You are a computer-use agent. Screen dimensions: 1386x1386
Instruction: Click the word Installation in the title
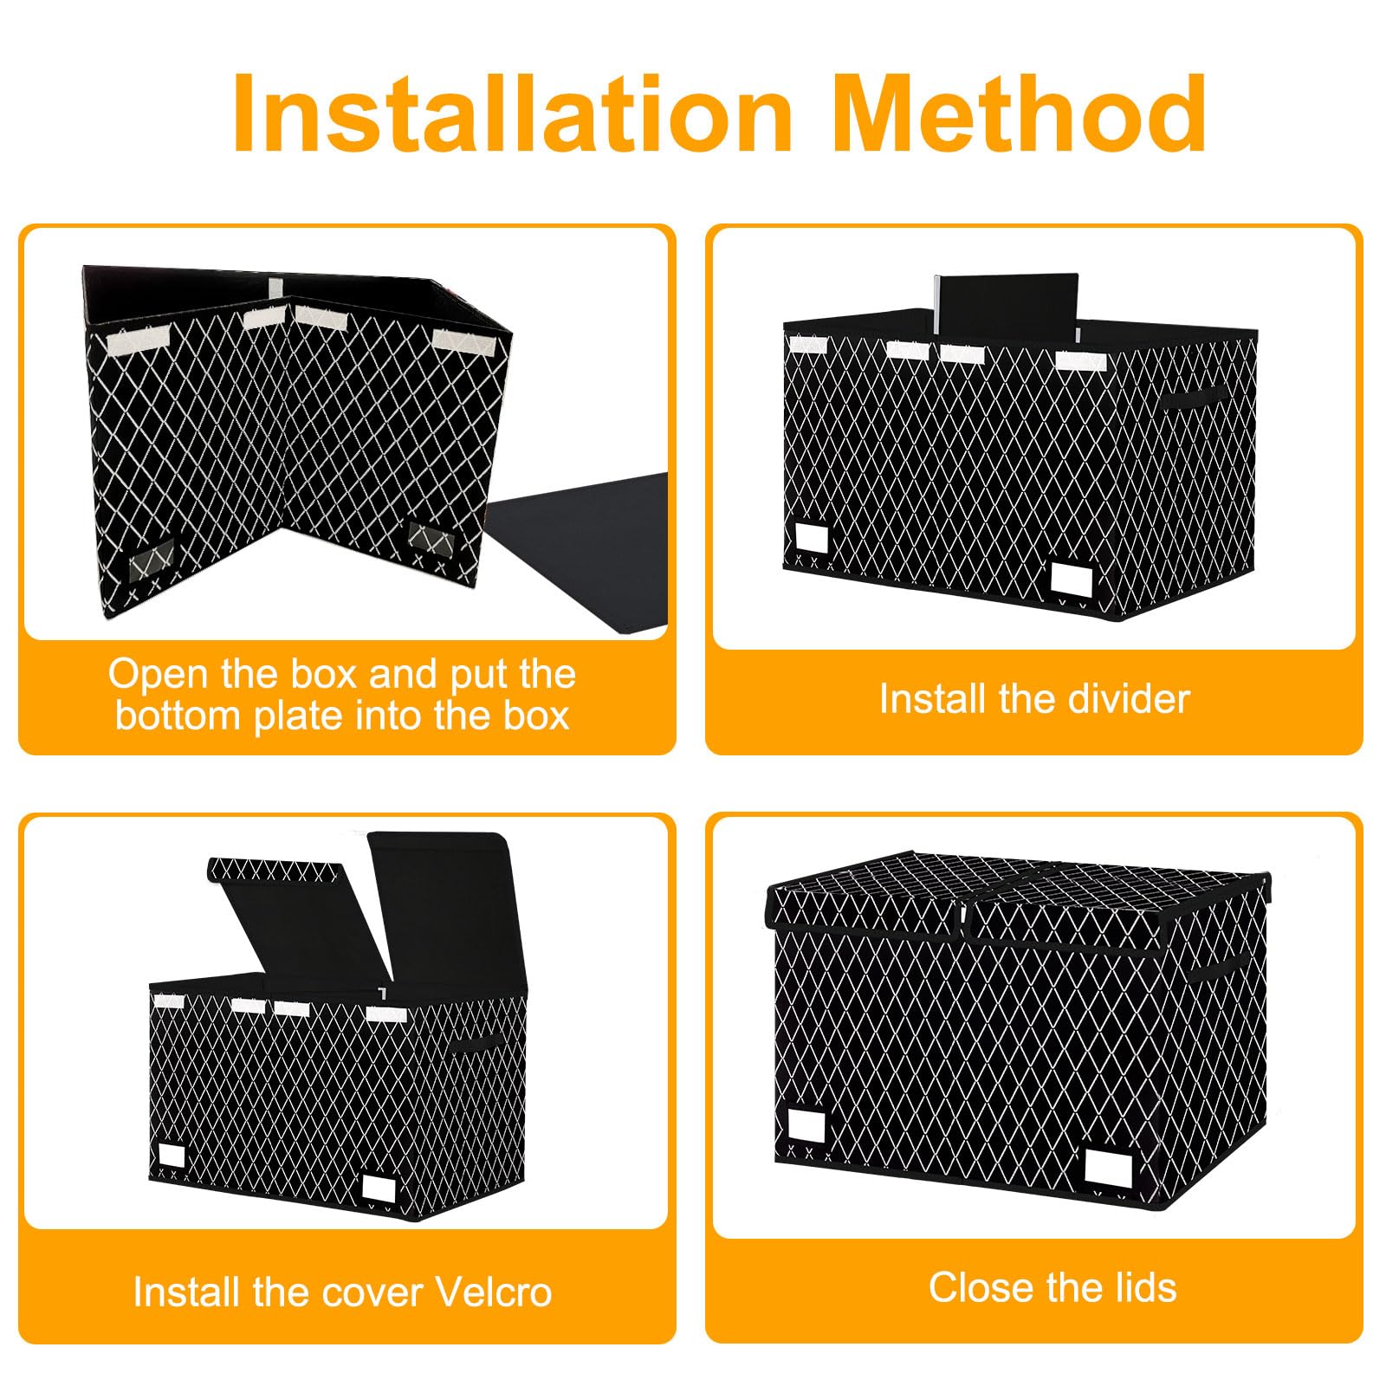[513, 113]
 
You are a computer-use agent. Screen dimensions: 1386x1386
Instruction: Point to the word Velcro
[494, 1292]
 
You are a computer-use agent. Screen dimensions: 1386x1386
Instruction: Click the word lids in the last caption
[1146, 1287]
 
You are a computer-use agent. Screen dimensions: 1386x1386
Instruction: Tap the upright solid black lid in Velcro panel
[443, 910]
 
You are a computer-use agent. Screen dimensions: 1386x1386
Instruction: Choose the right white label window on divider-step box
[1071, 578]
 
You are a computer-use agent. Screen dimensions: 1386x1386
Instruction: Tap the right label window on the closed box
[1108, 1169]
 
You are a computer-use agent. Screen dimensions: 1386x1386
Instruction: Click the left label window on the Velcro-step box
[172, 1157]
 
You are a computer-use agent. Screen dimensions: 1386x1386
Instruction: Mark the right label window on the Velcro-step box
[379, 1187]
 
